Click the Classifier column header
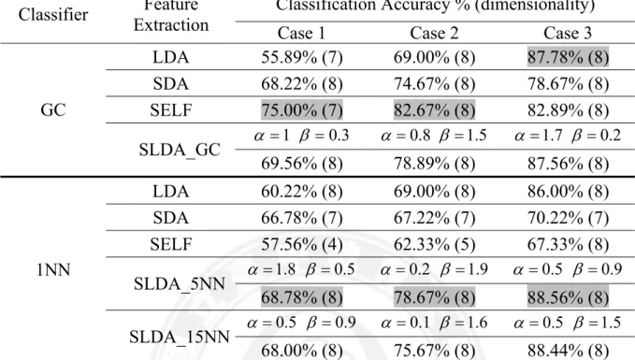pyautogui.click(x=53, y=15)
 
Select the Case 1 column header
pyautogui.click(x=301, y=33)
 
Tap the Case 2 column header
pyautogui.click(x=434, y=33)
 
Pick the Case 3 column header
pyautogui.click(x=568, y=33)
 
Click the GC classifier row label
pyautogui.click(x=53, y=109)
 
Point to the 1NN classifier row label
pyautogui.click(x=53, y=269)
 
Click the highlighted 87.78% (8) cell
pyautogui.click(x=568, y=57)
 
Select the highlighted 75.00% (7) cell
pyautogui.click(x=302, y=109)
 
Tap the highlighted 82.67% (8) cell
pyautogui.click(x=434, y=109)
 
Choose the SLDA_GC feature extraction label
pyautogui.click(x=180, y=150)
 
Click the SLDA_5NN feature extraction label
pyautogui.click(x=180, y=284)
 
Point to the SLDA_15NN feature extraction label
pyautogui.click(x=180, y=337)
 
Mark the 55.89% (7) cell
pyautogui.click(x=302, y=57)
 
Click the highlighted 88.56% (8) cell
pyautogui.click(x=568, y=297)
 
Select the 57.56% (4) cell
pyautogui.click(x=302, y=244)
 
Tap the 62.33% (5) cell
pyautogui.click(x=434, y=244)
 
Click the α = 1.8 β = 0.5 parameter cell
pyautogui.click(x=301, y=269)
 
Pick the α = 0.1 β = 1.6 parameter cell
pyautogui.click(x=434, y=323)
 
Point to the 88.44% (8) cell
pyautogui.click(x=568, y=351)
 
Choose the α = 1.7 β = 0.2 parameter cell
pyautogui.click(x=568, y=136)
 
